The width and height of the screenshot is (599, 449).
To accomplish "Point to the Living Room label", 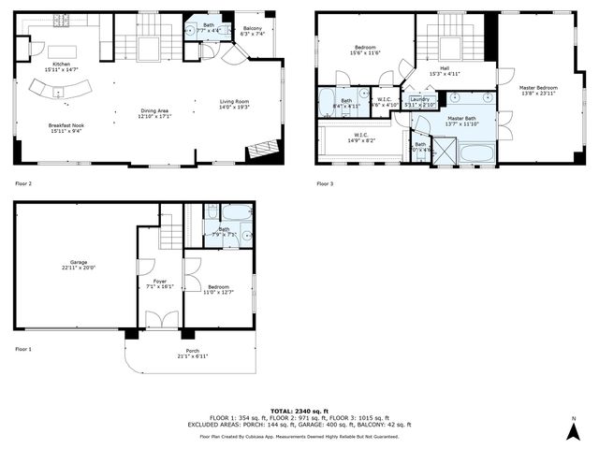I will [x=235, y=104].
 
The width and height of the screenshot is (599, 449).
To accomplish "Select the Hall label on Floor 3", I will [x=446, y=72].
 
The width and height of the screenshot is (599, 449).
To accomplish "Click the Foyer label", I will [x=160, y=284].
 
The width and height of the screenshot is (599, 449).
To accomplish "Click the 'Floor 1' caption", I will [x=22, y=348].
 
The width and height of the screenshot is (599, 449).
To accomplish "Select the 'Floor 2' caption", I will [x=22, y=183].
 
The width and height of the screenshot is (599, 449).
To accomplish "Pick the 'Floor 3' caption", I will [x=325, y=183].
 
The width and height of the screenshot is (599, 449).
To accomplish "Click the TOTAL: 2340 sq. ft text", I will [x=299, y=411].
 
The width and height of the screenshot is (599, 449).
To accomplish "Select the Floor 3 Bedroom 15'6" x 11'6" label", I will [x=365, y=51].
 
